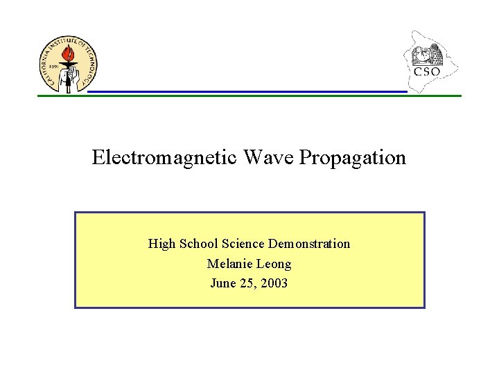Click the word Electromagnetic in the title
[x=164, y=158]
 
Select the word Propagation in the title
[x=353, y=158]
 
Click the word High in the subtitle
[x=162, y=244]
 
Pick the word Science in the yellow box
[x=243, y=244]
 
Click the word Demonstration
[x=309, y=244]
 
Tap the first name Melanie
[x=230, y=264]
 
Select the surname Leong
[x=274, y=264]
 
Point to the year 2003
[x=274, y=283]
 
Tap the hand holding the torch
[x=67, y=80]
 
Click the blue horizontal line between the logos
[x=246, y=91]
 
